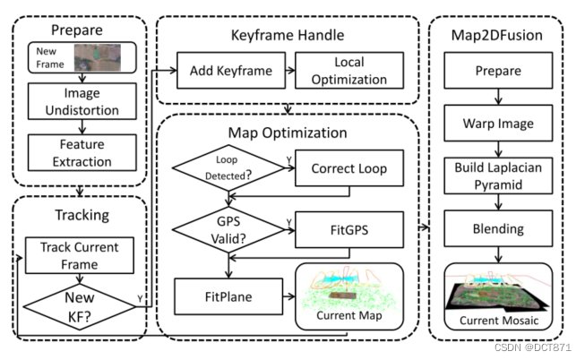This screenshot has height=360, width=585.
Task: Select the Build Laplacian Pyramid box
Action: coord(498,174)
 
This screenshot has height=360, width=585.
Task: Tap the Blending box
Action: coord(498,228)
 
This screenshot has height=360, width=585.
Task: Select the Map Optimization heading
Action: coord(288,132)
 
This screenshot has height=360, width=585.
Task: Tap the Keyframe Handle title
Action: coord(288,34)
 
